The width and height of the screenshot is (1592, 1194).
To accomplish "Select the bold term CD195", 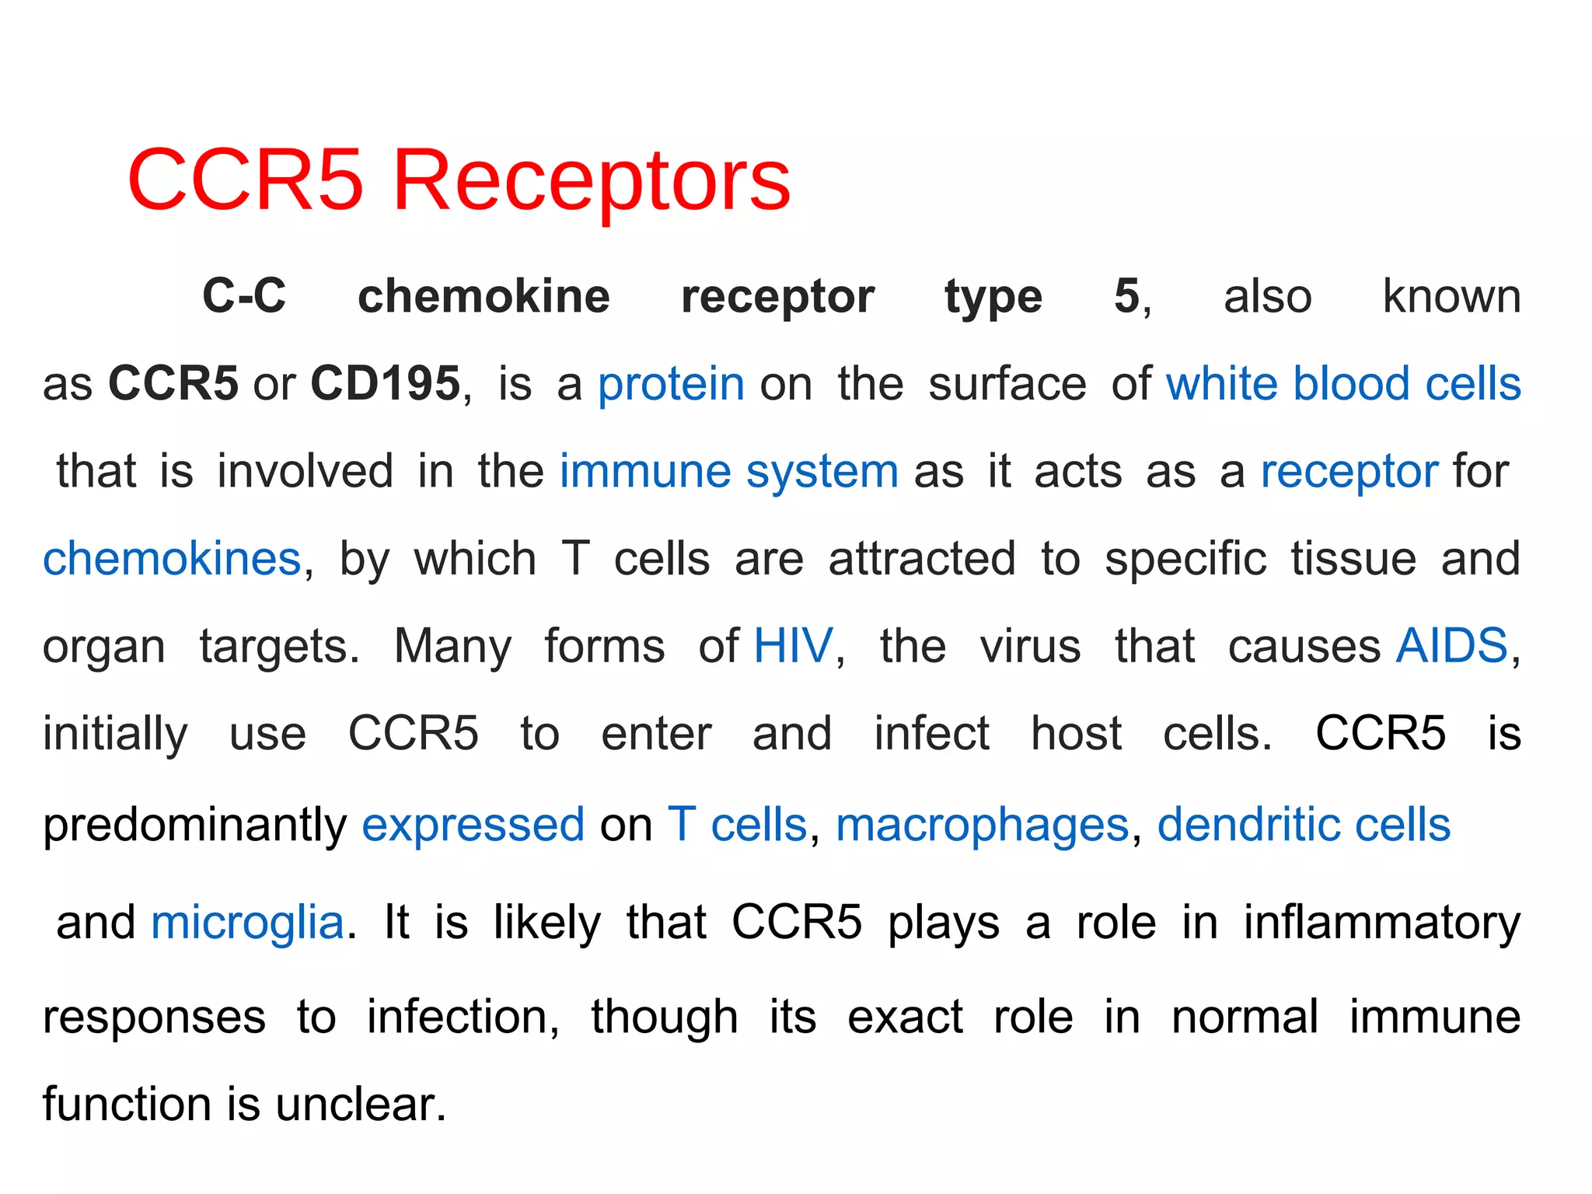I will click(386, 383).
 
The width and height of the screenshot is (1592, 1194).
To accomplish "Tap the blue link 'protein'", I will click(671, 385).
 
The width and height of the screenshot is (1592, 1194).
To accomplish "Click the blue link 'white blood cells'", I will click(1342, 383).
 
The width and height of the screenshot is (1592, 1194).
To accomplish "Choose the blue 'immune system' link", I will click(728, 472).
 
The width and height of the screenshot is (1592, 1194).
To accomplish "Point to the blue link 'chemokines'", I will click(172, 559).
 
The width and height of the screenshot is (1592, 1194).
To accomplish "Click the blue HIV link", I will click(793, 646).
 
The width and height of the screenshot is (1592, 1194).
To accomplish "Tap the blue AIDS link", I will click(1451, 646).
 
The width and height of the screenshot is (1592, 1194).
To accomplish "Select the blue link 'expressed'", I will click(473, 825).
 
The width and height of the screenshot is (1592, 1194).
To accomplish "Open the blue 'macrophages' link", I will click(982, 825).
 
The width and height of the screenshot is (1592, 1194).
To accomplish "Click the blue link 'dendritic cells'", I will click(1304, 825).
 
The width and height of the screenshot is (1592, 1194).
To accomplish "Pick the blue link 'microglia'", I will click(247, 923).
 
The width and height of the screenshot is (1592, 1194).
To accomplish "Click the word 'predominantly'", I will click(194, 825).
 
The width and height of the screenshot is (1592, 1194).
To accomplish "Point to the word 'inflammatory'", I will click(1381, 923).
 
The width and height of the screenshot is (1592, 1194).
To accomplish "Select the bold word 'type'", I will click(993, 297).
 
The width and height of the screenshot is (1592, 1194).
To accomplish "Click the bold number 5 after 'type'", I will click(1126, 296).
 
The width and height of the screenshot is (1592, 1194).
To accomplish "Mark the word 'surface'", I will click(1007, 384).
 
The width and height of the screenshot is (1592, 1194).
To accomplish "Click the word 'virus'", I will click(1030, 646).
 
